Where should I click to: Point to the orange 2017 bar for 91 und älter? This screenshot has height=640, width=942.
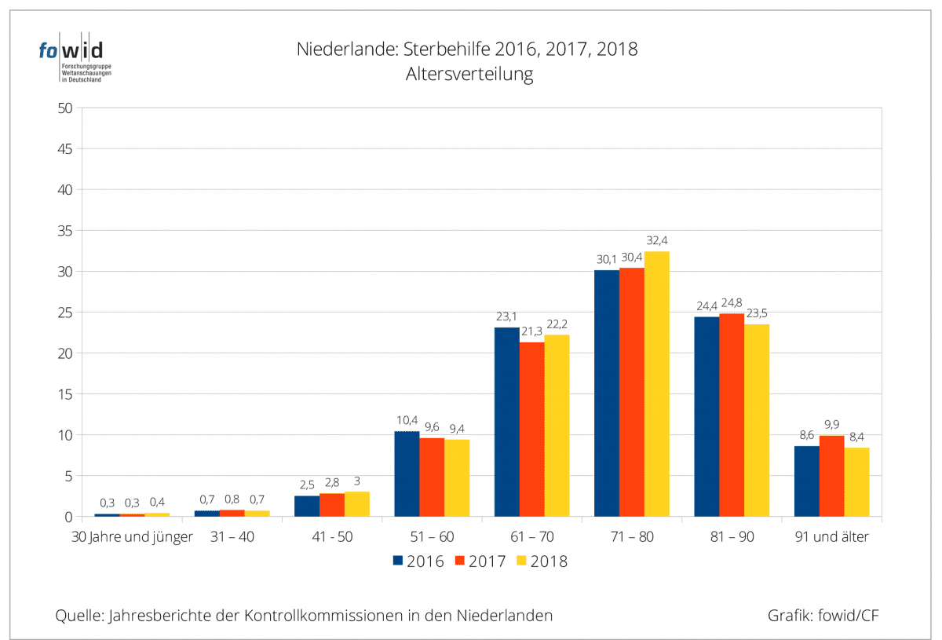pos(831,476)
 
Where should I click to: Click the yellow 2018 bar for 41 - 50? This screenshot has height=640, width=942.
pos(356,503)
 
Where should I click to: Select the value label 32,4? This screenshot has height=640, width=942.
pos(656,240)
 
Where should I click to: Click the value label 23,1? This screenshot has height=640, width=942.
pos(506,316)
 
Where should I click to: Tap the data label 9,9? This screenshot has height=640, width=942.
pos(831,425)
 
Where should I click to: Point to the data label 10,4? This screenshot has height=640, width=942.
pos(407,420)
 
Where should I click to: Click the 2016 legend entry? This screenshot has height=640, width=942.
pos(418,561)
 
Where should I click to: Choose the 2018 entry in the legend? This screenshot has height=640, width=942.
pos(542,561)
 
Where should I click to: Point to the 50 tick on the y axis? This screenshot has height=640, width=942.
pos(66,108)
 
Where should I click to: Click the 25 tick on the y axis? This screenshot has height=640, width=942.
pos(66,313)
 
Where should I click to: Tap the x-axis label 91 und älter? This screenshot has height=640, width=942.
pos(831,537)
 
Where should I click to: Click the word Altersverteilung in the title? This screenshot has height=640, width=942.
pos(469,75)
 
